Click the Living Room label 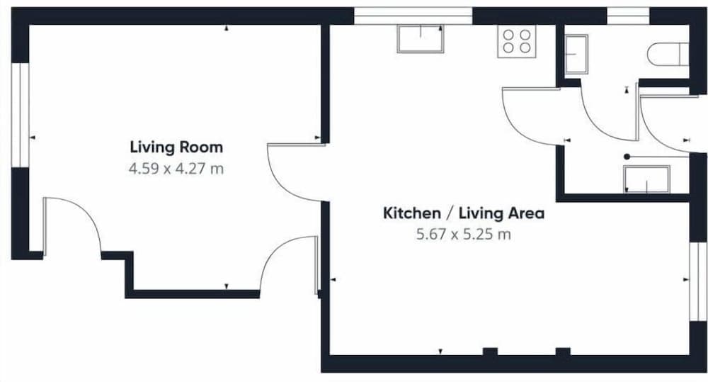176,147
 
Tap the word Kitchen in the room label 412,213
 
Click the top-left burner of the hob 508,35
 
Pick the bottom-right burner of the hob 525,47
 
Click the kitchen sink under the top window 421,38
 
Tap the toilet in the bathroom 668,55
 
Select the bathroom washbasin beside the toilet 576,54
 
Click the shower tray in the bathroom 646,179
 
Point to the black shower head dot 627,157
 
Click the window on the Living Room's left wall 21,115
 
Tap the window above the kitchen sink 413,16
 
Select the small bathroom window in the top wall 627,16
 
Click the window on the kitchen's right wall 699,281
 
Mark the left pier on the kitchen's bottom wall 490,352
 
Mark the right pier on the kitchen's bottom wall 563,352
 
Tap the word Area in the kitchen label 525,213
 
